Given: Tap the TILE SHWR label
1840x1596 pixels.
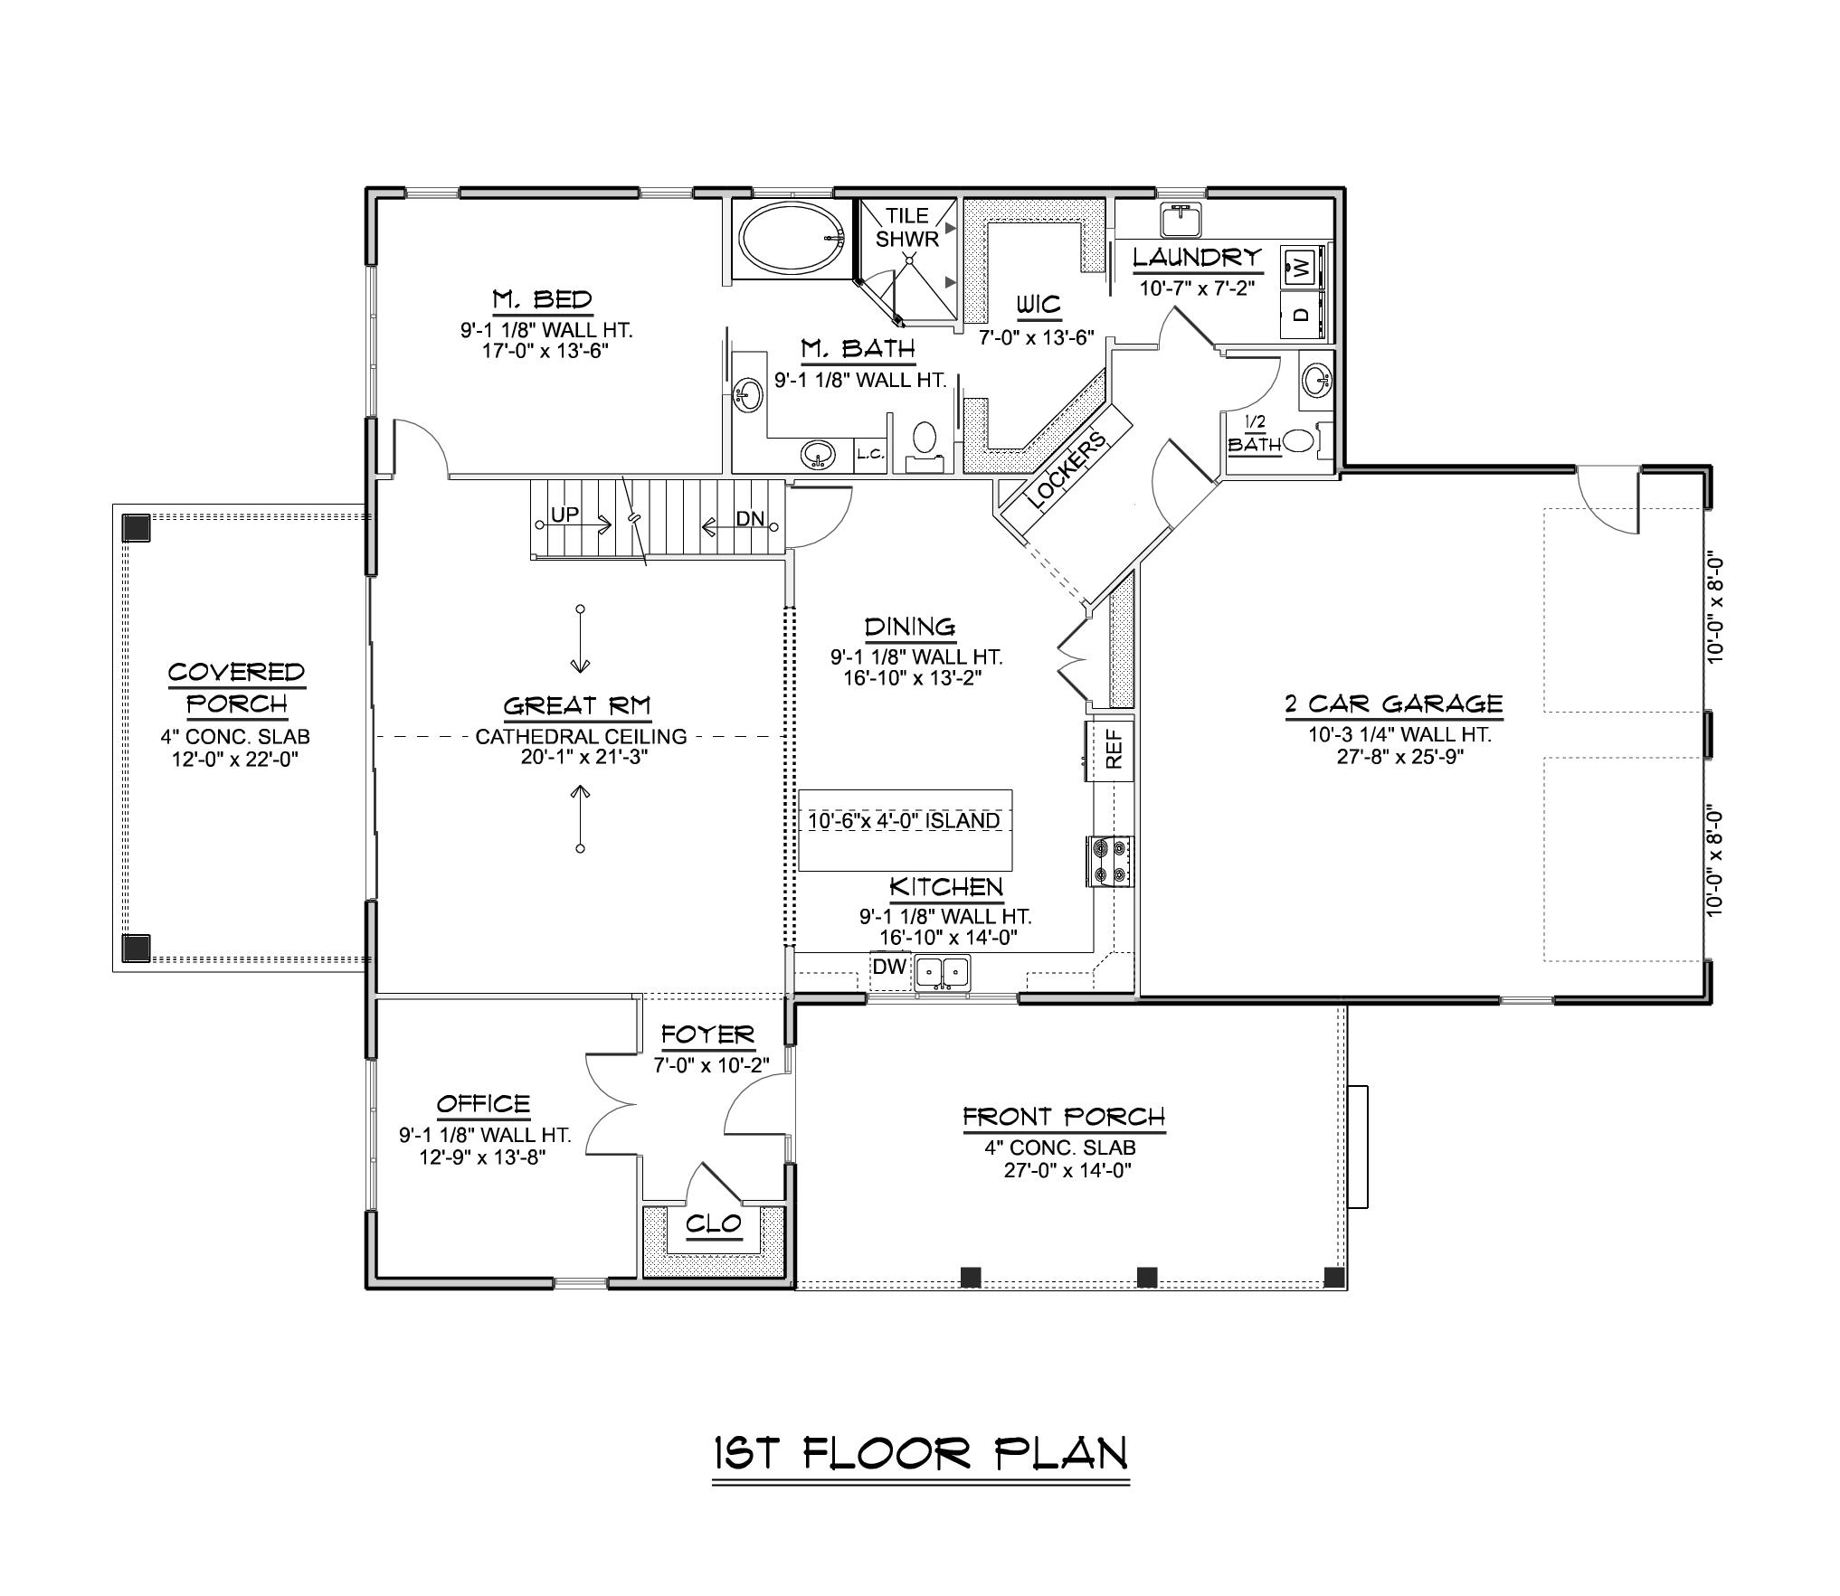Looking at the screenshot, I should click(906, 227).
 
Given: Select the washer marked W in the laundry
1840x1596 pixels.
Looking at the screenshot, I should click(1300, 267).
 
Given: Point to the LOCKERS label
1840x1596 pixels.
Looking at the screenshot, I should click(1067, 470).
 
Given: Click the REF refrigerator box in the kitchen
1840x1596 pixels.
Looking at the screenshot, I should click(1114, 749).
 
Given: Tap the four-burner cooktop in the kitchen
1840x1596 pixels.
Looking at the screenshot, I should click(1109, 861).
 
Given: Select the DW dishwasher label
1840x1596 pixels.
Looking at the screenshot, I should click(889, 967).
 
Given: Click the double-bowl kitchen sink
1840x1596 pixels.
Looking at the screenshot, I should click(942, 972).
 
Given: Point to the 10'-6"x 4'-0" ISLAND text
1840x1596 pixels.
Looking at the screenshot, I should click(904, 821).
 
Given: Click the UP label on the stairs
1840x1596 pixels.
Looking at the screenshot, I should click(564, 515).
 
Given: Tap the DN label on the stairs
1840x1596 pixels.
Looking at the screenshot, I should click(750, 519).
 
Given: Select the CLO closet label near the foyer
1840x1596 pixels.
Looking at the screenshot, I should click(713, 1224).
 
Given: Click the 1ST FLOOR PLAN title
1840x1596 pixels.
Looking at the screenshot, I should click(920, 1454).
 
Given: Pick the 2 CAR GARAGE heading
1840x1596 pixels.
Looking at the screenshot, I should click(1393, 704).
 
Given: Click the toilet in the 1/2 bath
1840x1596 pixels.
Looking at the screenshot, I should click(1299, 440).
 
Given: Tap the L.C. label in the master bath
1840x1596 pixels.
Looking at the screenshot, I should click(870, 455).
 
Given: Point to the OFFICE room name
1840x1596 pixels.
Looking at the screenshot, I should click(483, 1104).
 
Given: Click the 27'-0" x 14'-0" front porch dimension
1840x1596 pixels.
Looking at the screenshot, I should click(1067, 1170).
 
